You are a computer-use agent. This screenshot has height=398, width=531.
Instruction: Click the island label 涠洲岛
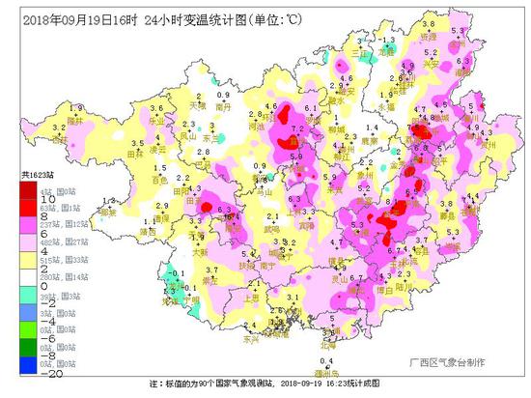click(328, 369)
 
